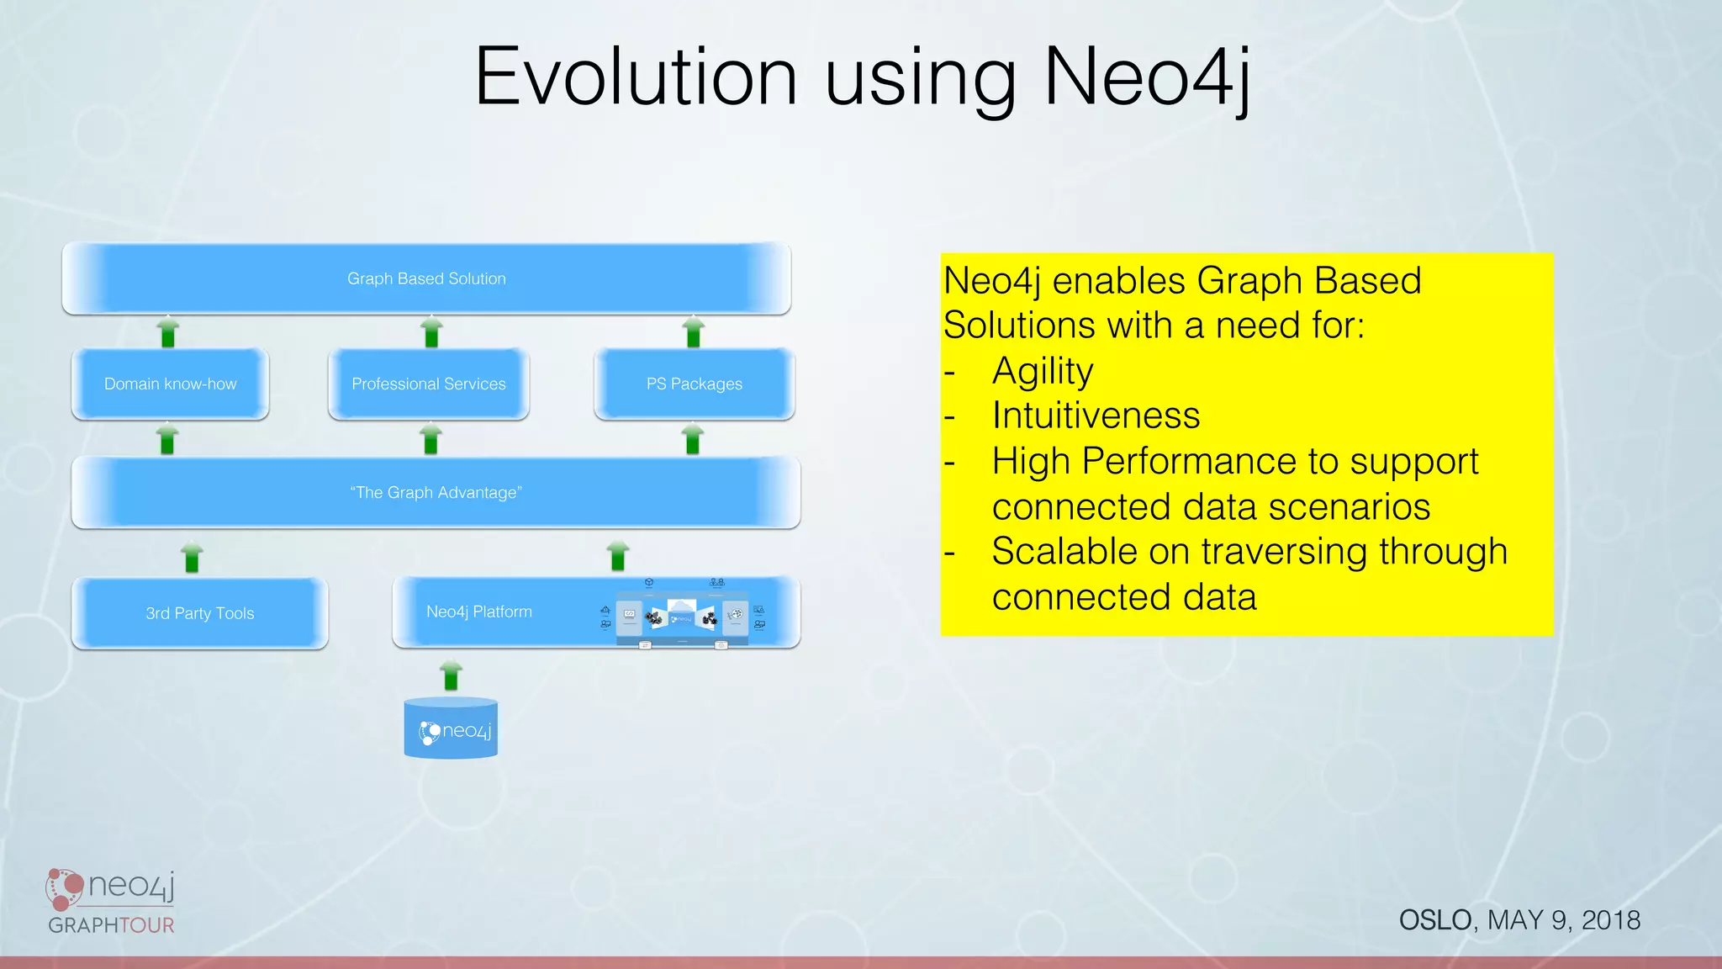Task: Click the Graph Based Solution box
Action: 426,278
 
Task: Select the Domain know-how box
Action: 170,384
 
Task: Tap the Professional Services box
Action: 428,384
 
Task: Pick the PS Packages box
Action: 694,384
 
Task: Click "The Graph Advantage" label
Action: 436,493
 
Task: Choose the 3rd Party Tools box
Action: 199,613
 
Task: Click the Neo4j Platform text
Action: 478,612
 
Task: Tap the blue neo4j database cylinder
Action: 451,728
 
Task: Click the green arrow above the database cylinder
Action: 451,675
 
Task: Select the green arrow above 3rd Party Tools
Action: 192,557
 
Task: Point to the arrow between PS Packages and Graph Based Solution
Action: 693,332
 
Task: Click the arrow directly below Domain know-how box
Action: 167,439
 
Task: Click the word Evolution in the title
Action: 636,77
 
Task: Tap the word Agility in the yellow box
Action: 1043,371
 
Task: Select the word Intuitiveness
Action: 1096,416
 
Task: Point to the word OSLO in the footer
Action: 1435,920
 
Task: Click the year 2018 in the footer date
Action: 1611,920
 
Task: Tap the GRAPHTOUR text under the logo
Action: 111,925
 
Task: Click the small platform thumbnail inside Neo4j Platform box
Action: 681,617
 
